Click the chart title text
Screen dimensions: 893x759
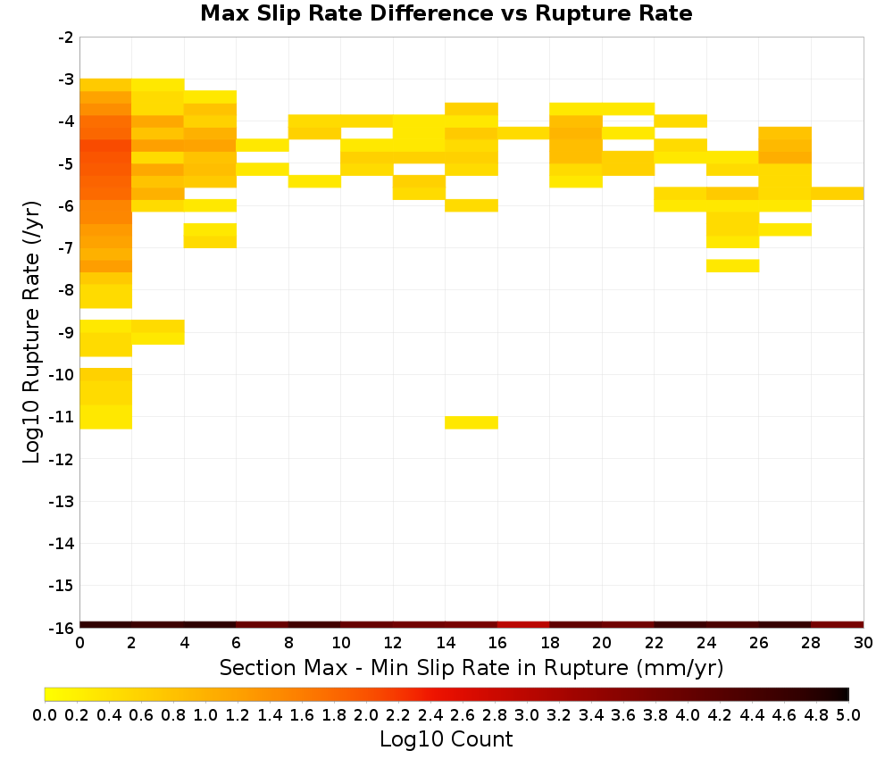446,13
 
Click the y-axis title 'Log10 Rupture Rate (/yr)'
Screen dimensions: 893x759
31,332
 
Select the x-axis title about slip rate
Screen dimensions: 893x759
472,667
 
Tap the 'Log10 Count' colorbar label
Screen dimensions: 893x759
446,739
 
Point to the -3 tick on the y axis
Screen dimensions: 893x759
66,79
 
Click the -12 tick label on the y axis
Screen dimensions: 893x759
63,459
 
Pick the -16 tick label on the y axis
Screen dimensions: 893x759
63,628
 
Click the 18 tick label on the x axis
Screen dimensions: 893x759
549,643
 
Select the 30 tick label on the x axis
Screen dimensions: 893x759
864,643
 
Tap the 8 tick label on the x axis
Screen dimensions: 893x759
288,643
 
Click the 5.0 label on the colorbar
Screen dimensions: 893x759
848,714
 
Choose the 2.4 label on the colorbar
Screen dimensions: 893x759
430,714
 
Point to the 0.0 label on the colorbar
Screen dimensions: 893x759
45,714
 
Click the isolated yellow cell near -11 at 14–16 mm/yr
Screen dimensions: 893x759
472,422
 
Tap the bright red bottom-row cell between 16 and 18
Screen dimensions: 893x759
523,625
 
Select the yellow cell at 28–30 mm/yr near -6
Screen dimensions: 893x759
838,194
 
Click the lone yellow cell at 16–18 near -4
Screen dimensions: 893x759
523,133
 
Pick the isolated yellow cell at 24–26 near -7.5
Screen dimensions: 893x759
732,266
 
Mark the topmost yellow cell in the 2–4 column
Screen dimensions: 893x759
158,85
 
